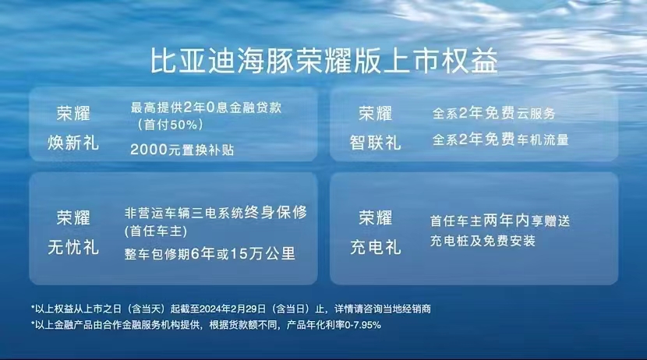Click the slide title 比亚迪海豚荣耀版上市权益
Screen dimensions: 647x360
tap(324, 61)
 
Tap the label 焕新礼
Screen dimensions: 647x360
tap(73, 143)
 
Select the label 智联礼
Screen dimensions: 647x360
tap(375, 143)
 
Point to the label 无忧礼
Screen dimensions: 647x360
tap(73, 248)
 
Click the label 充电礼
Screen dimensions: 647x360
tap(375, 248)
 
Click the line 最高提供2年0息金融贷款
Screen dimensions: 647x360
tap(206, 108)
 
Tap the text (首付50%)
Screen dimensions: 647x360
tap(170, 125)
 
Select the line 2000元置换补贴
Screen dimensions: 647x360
tap(182, 150)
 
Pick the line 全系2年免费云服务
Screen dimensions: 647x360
tap(493, 113)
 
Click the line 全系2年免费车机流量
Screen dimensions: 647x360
tap(500, 139)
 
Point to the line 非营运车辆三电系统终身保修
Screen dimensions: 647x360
tap(215, 213)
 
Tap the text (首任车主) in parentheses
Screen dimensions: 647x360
tap(156, 231)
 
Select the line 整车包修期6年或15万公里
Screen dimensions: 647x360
tap(210, 253)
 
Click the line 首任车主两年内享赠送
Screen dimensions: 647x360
tap(500, 221)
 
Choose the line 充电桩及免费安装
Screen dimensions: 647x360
tap(483, 241)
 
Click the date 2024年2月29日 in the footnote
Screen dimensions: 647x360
tap(233, 309)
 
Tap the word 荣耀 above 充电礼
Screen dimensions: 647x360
tap(375, 217)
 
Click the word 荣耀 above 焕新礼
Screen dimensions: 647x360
tap(73, 114)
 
